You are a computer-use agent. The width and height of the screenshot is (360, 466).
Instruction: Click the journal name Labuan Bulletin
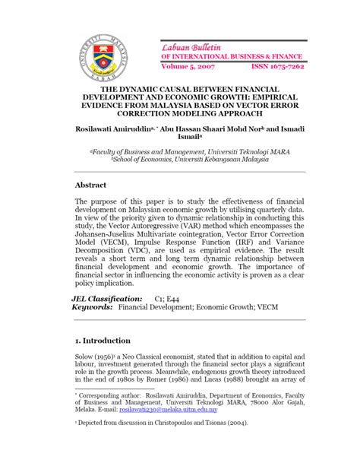[x=191, y=47]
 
